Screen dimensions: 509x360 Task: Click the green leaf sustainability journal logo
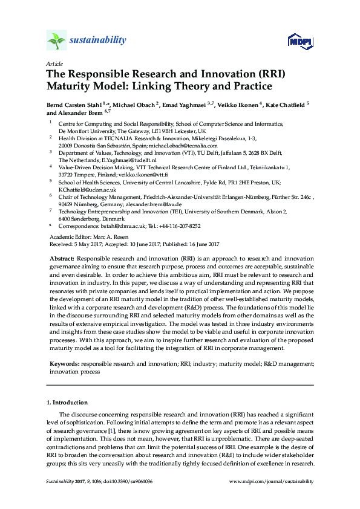tap(56, 41)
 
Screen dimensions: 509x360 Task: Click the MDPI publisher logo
tap(299, 42)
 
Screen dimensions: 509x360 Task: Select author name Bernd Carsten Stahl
tap(74, 105)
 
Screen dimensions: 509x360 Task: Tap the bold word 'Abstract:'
tap(61, 258)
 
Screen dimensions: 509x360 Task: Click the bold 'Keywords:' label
tap(62, 365)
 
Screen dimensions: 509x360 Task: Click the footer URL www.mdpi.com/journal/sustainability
tap(272, 481)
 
